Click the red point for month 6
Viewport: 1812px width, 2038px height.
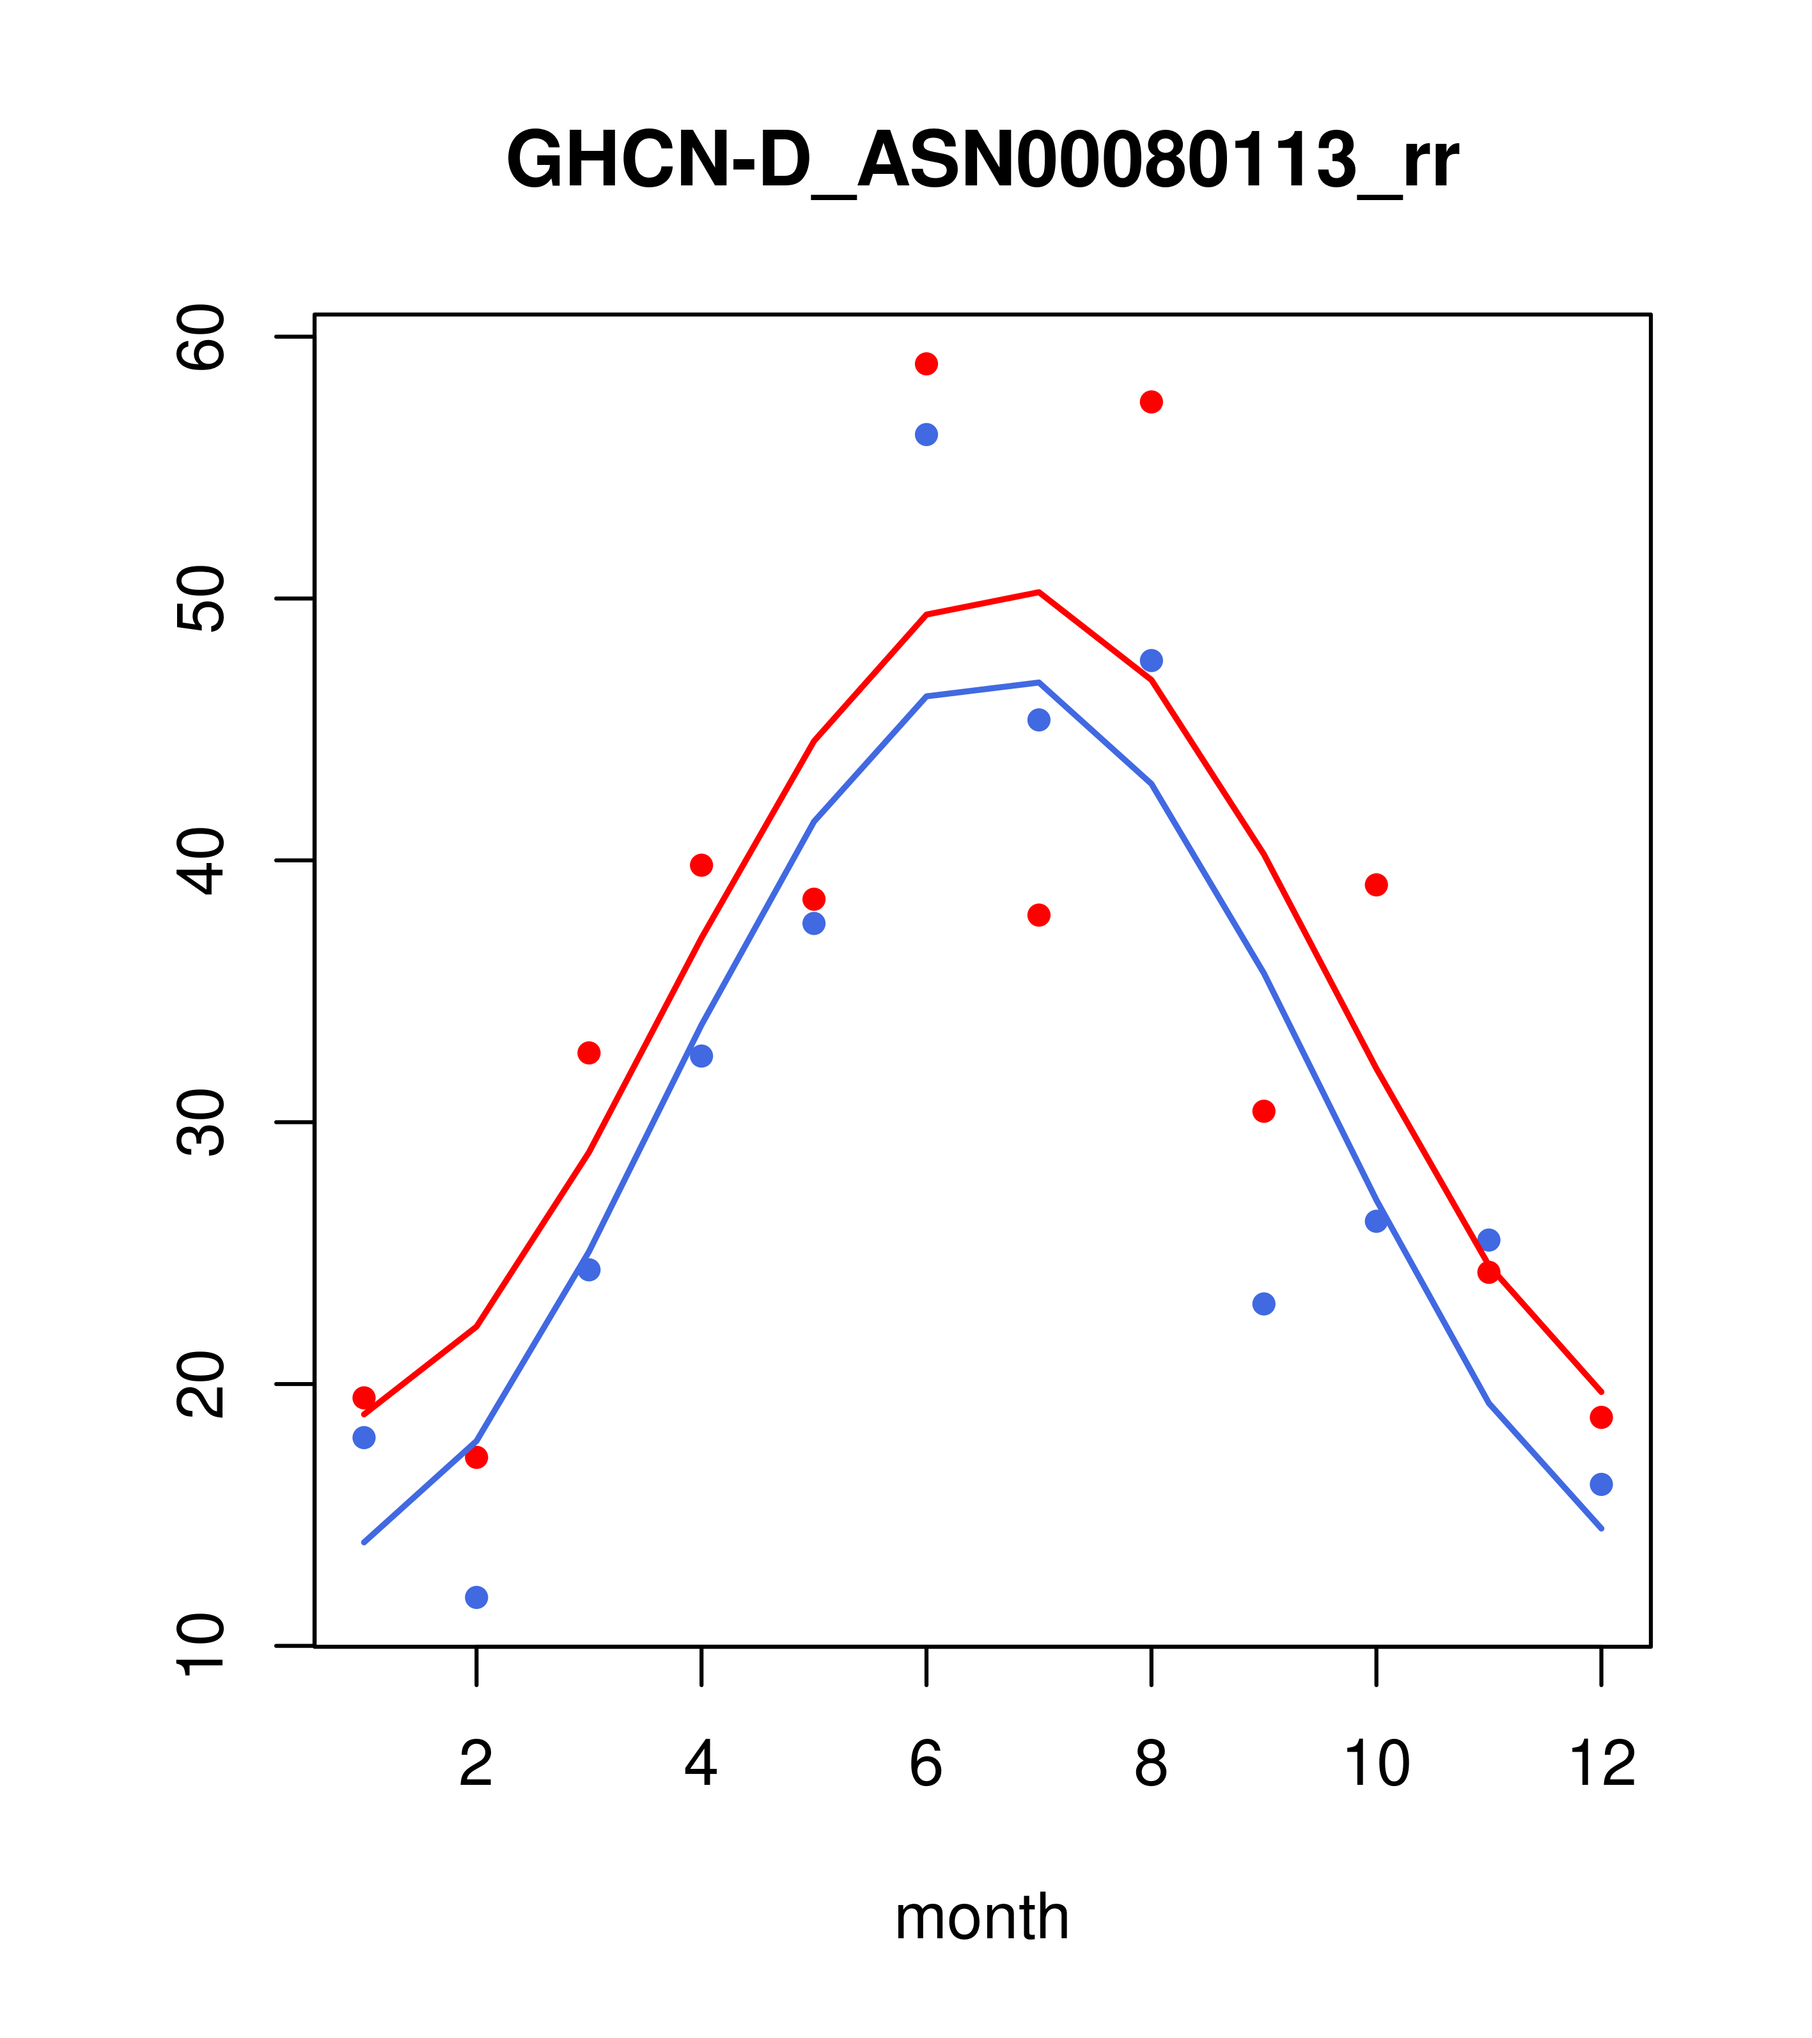coord(926,364)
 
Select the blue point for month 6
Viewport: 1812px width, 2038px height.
coord(926,435)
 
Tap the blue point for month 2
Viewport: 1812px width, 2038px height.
coord(477,1598)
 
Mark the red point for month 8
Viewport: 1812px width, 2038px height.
coord(1151,402)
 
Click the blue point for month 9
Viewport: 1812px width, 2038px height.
coord(1263,1304)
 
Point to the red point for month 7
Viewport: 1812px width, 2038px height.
coord(1039,915)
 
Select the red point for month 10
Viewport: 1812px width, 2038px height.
coord(1376,885)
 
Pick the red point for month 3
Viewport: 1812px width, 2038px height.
coord(590,1053)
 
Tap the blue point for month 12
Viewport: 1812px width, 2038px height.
coord(1602,1484)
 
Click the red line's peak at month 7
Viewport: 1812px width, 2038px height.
coord(1039,592)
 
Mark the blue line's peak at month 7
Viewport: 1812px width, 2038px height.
coord(1039,682)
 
